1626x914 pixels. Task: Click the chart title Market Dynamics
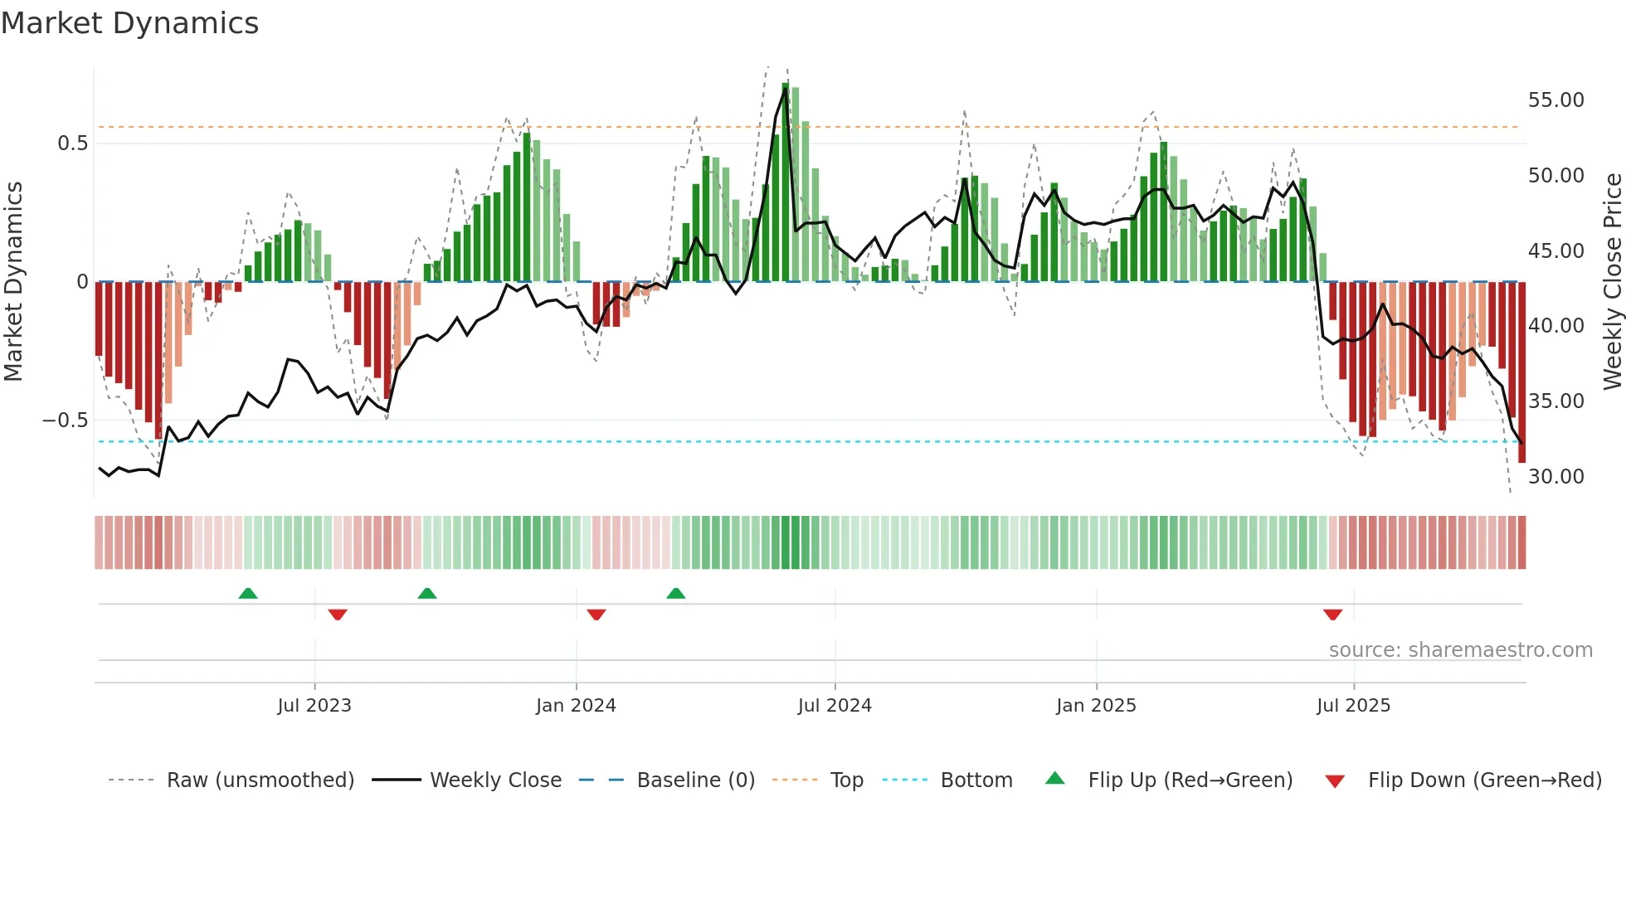(129, 23)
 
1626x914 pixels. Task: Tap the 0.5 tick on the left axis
(72, 143)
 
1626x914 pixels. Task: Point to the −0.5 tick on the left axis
(65, 421)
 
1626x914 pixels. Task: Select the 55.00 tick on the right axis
(1555, 100)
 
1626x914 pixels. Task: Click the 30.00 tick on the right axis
(1555, 477)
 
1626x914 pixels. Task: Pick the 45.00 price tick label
(1555, 251)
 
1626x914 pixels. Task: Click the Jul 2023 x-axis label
(314, 706)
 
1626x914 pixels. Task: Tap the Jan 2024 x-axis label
(576, 706)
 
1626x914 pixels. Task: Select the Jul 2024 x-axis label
(835, 706)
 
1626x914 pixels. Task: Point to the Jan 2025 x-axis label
(1096, 706)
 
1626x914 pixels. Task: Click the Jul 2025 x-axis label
(1353, 706)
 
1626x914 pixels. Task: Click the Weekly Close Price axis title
(1612, 281)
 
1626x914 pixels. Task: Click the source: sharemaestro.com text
(1460, 650)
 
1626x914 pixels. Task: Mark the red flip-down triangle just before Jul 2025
(1332, 615)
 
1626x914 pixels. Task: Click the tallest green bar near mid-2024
(785, 182)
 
